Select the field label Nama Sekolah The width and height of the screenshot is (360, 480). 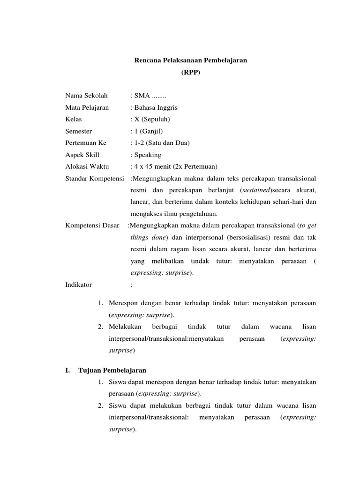87,96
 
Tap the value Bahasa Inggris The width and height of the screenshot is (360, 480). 156,107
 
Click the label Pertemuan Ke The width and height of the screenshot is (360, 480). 86,142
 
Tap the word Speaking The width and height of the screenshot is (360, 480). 148,154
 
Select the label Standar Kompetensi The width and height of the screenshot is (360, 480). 95,178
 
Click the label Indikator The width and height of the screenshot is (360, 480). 79,284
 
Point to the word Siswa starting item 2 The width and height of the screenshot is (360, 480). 117,405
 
